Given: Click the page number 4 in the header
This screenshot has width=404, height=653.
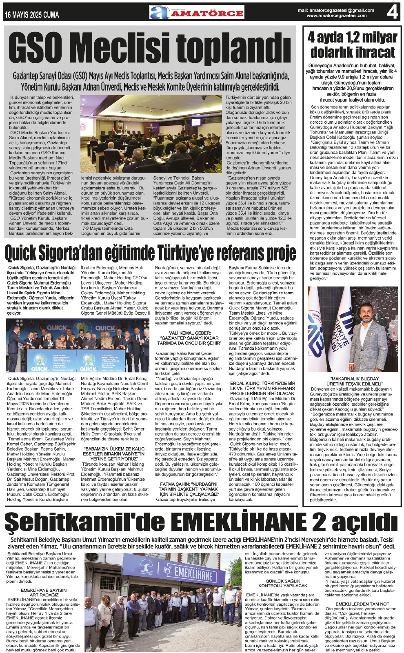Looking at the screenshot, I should click(392, 12).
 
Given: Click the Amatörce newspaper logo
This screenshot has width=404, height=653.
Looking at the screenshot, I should click(196, 12).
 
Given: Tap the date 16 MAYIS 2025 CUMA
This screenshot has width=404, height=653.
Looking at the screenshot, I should click(32, 15).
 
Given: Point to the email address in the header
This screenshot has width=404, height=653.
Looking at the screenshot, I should click(336, 10).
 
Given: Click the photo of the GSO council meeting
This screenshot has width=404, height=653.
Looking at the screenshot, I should click(151, 133).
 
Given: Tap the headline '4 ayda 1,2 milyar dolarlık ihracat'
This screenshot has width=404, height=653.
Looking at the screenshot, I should click(352, 45).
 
